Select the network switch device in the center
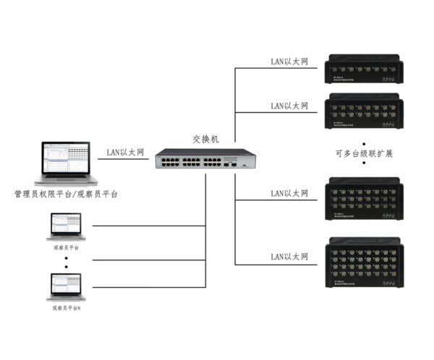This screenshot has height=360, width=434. point(206,159)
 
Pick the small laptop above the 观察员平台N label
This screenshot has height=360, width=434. point(66,286)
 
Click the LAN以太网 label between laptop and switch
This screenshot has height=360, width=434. point(125,152)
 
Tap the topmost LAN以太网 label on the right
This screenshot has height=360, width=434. point(289,62)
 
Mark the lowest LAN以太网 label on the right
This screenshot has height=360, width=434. point(289,257)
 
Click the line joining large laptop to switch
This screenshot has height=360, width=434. point(124,160)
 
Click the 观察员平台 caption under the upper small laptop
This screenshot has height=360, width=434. point(67,247)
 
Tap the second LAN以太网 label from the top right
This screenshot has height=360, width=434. point(289,106)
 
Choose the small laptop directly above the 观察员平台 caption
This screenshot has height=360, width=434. point(66,226)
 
